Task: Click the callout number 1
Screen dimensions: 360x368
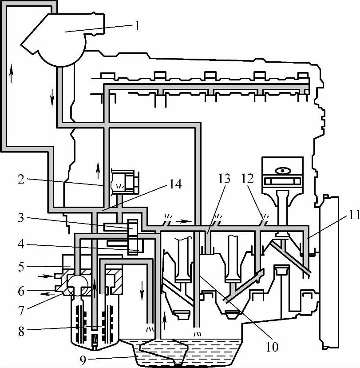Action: [x=138, y=26]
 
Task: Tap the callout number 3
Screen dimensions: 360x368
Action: [x=21, y=218]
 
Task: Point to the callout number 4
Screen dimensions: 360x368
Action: [x=21, y=244]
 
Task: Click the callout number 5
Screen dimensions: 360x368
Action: [x=21, y=267]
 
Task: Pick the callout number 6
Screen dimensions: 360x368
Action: [x=21, y=291]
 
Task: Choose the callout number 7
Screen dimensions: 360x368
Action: [x=21, y=311]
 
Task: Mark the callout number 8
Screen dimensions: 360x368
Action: [x=21, y=332]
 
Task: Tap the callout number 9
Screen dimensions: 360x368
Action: [x=83, y=361]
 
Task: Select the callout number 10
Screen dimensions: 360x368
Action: [x=272, y=347]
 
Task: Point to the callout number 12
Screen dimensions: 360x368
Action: [x=248, y=178]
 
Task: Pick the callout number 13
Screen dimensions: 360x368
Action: [x=224, y=178]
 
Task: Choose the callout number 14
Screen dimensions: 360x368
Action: [x=175, y=184]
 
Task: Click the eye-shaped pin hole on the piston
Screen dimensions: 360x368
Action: [x=283, y=171]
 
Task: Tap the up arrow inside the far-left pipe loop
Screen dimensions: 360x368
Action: [x=11, y=73]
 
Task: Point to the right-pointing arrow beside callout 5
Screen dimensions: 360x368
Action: [x=46, y=276]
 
